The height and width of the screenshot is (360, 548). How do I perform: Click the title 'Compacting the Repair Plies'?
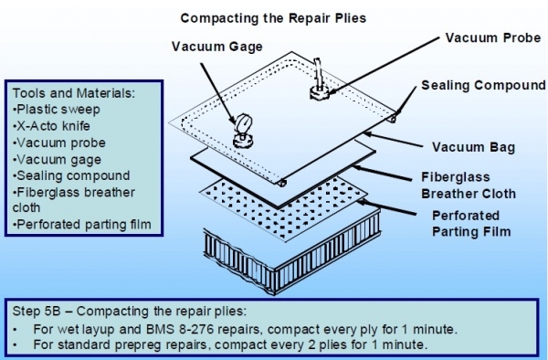click(x=273, y=18)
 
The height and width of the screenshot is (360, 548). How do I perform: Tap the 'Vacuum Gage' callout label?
click(x=217, y=47)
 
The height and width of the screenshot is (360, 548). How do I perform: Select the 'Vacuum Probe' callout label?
click(x=493, y=37)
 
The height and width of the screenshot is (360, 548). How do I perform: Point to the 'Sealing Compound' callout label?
click(x=483, y=85)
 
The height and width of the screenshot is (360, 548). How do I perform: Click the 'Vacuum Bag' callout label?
click(x=473, y=147)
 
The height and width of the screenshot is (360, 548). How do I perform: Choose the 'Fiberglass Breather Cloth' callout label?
click(x=469, y=185)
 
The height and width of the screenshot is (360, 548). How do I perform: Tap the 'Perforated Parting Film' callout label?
click(x=471, y=224)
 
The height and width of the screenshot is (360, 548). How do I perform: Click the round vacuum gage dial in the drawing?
click(x=243, y=123)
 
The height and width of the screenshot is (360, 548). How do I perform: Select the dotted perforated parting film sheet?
click(x=284, y=209)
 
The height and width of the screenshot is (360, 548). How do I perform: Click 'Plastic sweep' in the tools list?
click(x=57, y=110)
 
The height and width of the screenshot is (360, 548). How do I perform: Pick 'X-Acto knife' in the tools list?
click(x=52, y=126)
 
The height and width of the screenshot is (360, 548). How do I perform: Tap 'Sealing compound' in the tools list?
click(x=71, y=175)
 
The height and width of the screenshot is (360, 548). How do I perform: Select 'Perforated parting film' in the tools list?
click(x=82, y=225)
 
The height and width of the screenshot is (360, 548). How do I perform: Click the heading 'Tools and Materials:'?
click(x=74, y=93)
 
